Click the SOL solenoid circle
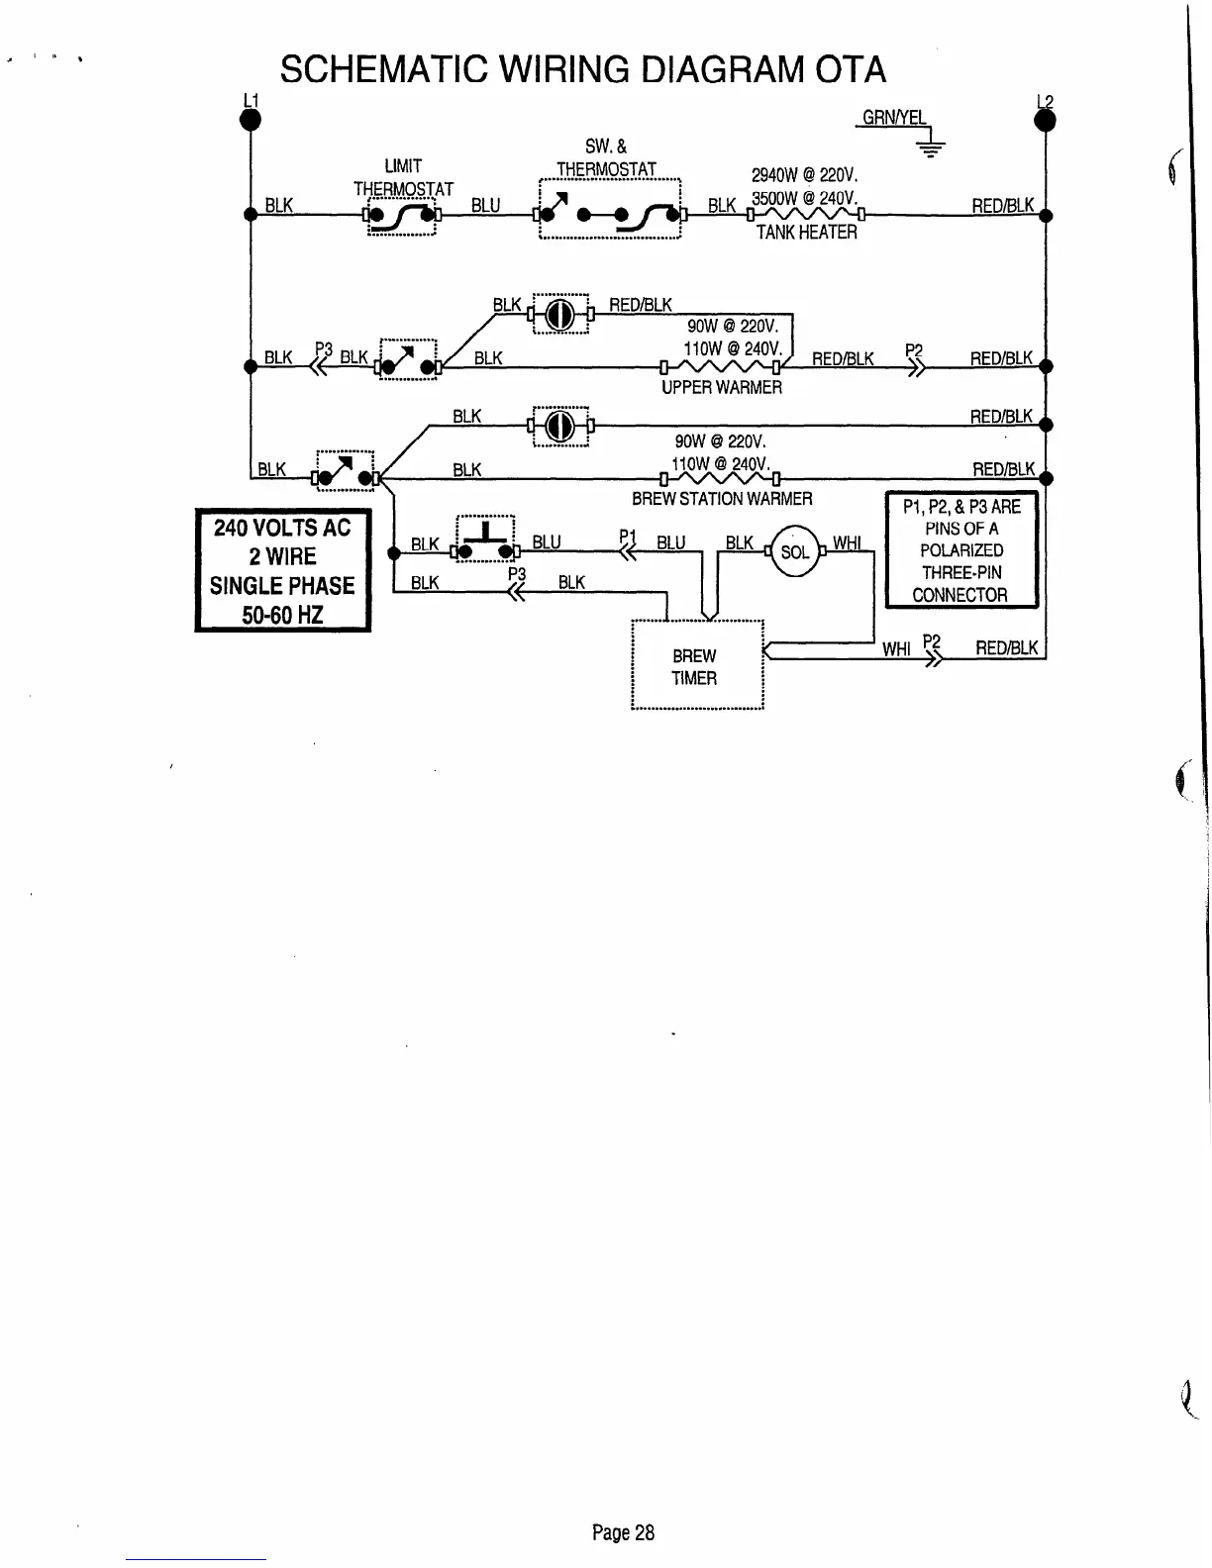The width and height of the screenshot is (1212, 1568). [794, 552]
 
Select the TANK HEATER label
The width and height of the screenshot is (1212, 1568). [806, 232]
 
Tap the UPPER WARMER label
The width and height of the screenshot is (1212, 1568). [721, 387]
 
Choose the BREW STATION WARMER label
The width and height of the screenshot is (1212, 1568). [721, 499]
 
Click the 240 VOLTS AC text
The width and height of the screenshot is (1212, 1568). [282, 528]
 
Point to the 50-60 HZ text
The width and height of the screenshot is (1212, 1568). [282, 615]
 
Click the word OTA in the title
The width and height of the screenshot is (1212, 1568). [851, 69]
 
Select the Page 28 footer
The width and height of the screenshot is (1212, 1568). [623, 1533]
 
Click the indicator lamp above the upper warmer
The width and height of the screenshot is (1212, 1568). [560, 315]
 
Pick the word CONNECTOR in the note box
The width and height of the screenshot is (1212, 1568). [959, 595]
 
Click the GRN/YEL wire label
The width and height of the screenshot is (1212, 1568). [893, 118]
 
